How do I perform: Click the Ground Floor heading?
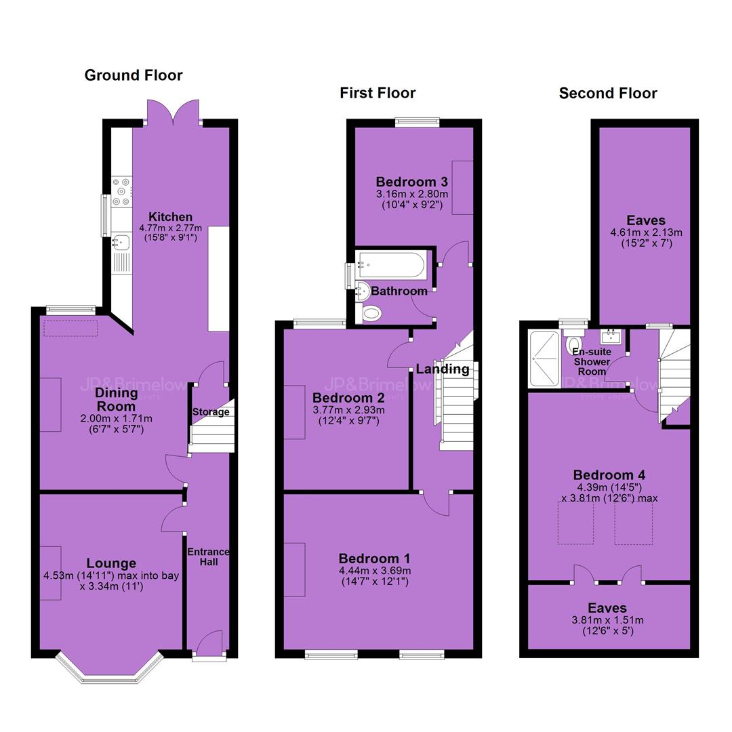(134, 75)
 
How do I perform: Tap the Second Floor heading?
(608, 94)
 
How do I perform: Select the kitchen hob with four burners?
(121, 191)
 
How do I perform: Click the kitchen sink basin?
(121, 242)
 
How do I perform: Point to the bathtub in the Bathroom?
(391, 265)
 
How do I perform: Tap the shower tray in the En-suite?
(544, 359)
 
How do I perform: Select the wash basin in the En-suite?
(611, 335)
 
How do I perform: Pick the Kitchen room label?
(170, 217)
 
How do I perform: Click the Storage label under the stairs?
(211, 412)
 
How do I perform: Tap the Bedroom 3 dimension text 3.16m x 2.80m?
(412, 194)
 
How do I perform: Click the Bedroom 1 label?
(374, 558)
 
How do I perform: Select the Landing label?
(443, 369)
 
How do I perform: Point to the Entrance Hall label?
(208, 557)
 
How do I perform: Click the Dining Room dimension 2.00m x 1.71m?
(117, 419)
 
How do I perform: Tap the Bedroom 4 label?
(609, 475)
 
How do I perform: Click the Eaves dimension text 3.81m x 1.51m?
(608, 620)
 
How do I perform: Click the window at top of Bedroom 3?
(418, 123)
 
